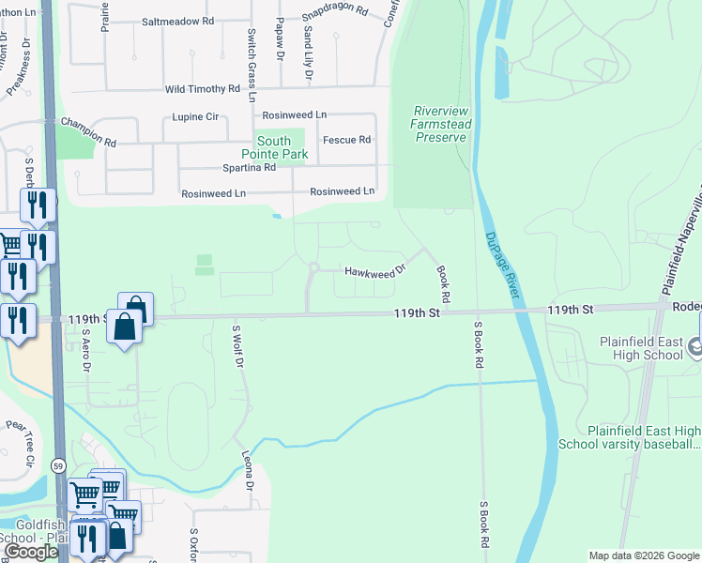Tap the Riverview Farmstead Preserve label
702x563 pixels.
(441, 124)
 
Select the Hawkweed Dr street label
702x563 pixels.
(374, 270)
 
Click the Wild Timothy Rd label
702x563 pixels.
(202, 89)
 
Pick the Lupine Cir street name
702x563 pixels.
(195, 117)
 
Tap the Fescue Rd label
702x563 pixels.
(346, 140)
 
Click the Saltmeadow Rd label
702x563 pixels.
(177, 21)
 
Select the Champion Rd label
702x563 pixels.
(88, 132)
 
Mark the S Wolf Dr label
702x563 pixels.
(238, 345)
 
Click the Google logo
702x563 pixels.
(31, 552)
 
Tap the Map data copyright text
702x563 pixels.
(643, 555)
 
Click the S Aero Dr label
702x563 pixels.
(84, 349)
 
